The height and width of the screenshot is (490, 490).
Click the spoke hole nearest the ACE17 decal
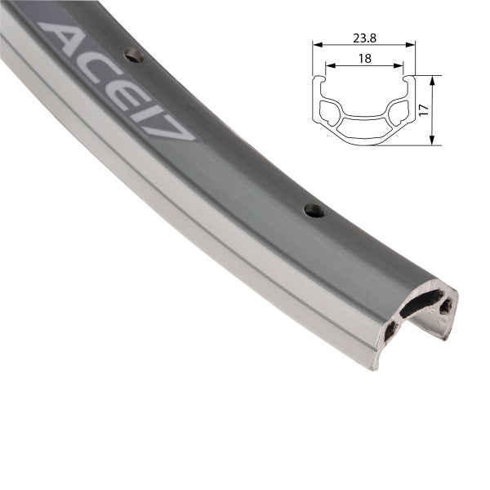(131, 56)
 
